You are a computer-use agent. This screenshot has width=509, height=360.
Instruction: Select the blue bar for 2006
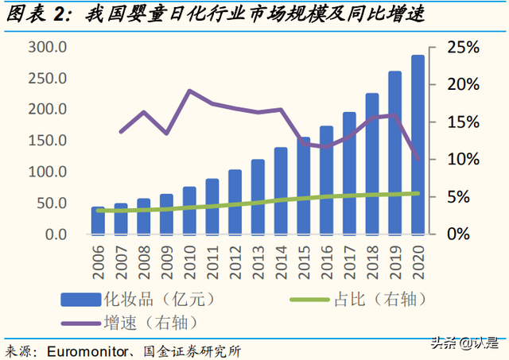97,220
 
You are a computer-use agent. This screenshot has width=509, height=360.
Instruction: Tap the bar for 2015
303,186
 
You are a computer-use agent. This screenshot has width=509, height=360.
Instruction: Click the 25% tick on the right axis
463,48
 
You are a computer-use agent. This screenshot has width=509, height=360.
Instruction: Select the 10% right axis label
463,160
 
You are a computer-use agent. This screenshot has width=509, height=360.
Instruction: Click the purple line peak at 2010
189,91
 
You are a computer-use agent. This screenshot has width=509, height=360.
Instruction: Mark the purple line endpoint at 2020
418,160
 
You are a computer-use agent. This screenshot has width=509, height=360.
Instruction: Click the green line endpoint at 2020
418,193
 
